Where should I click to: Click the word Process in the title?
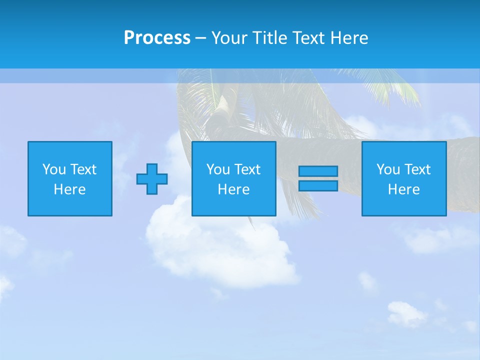coord(157,38)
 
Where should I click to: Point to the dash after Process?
coord(200,38)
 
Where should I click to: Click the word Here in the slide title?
coord(348,38)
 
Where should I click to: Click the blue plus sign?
coord(152,179)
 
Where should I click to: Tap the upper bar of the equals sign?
coord(318,171)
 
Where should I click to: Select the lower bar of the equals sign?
coord(318,185)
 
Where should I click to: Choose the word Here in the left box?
coord(69,189)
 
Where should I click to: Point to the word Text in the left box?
coord(83,169)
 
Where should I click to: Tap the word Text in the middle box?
coord(247,169)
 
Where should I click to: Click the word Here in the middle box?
coord(233,189)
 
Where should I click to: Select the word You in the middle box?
coord(218,169)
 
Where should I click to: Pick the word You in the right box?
coord(388,169)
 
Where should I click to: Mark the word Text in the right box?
coord(417,169)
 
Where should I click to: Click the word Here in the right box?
coord(403,189)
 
